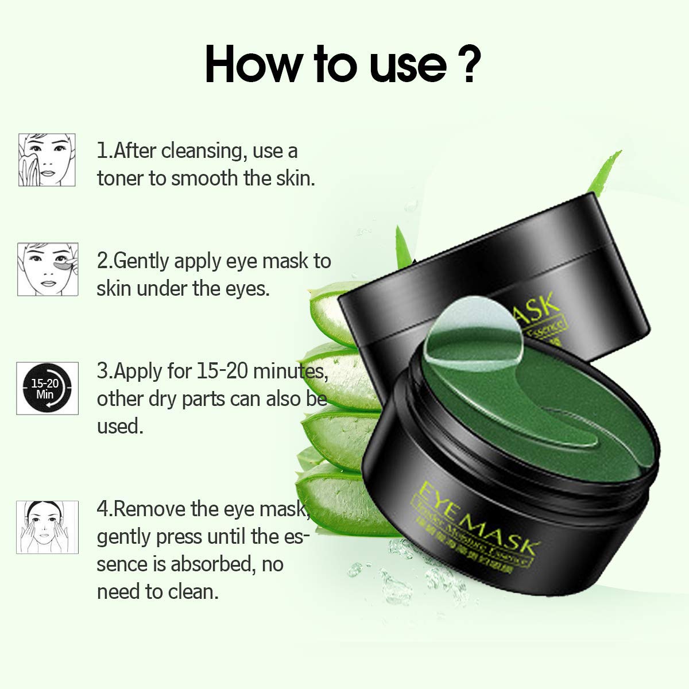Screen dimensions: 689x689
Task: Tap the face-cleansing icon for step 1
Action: click(x=47, y=160)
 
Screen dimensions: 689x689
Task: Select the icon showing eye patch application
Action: click(x=47, y=269)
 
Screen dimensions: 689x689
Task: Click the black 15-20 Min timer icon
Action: click(x=47, y=388)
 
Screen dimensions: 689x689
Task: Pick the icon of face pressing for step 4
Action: click(x=47, y=527)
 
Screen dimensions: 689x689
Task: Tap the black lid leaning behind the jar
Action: click(x=494, y=270)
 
